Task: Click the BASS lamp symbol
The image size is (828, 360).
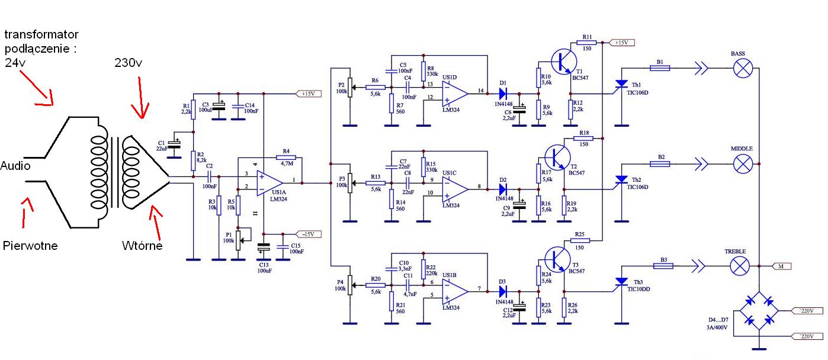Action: pos(743,68)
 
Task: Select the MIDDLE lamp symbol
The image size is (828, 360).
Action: pos(743,164)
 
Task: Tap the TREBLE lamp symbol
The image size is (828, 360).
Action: pos(740,266)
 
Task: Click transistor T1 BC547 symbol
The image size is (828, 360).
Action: pos(564,62)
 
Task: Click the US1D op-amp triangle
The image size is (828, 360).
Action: pos(455,94)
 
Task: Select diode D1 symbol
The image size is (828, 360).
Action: pos(503,94)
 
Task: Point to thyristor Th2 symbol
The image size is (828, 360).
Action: pos(622,181)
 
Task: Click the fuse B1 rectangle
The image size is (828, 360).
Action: pos(660,68)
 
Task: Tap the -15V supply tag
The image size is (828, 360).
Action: pos(309,234)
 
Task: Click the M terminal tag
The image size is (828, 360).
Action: pos(782,266)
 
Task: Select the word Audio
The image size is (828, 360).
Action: pos(15,166)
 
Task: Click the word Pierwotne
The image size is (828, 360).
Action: pos(30,246)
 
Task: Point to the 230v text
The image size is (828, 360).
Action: pos(129,63)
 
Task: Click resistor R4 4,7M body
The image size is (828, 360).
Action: pos(286,157)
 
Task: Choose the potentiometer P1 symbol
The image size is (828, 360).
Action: pos(239,240)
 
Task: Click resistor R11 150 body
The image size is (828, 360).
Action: pos(586,43)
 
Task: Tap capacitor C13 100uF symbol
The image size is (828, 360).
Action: pos(264,246)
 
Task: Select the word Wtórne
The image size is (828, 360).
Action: pos(142,246)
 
